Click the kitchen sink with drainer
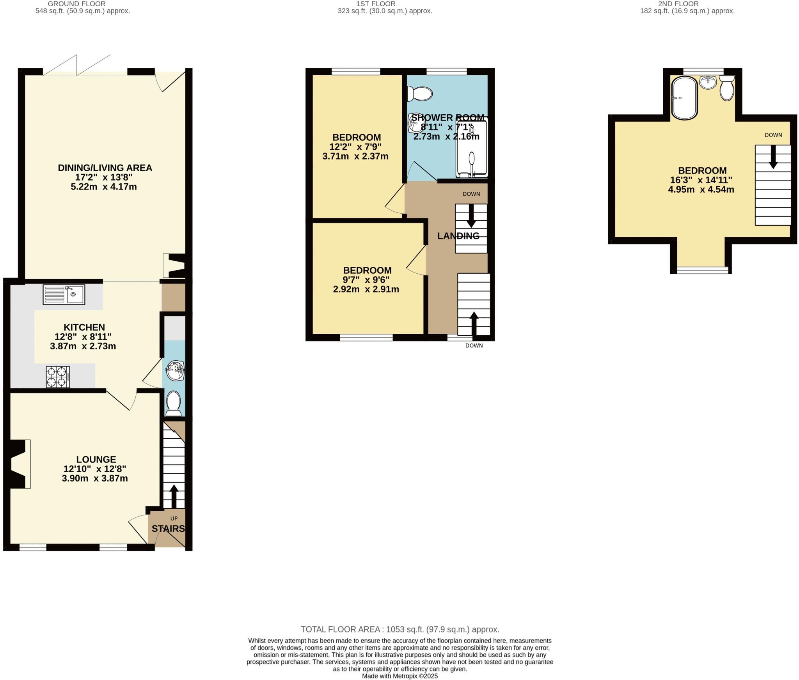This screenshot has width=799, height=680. [64, 294]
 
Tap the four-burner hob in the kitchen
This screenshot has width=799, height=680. [58, 377]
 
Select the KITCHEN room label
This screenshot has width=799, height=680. [84, 327]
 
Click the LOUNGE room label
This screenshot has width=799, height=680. [96, 459]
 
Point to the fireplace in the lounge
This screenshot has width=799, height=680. [20, 464]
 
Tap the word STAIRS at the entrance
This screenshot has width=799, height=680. [168, 529]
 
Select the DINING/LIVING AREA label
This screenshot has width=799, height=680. [105, 168]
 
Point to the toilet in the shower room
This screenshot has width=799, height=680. [420, 94]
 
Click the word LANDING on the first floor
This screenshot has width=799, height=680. [458, 236]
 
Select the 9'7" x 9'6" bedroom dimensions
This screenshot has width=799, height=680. [366, 280]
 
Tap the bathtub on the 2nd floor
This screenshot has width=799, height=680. [684, 98]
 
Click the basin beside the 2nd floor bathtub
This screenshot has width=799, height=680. [708, 82]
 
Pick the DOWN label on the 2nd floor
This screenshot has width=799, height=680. [773, 135]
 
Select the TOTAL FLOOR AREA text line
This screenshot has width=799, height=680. [400, 629]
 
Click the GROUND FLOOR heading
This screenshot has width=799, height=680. [76, 4]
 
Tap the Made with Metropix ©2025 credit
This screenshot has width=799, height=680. [400, 676]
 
